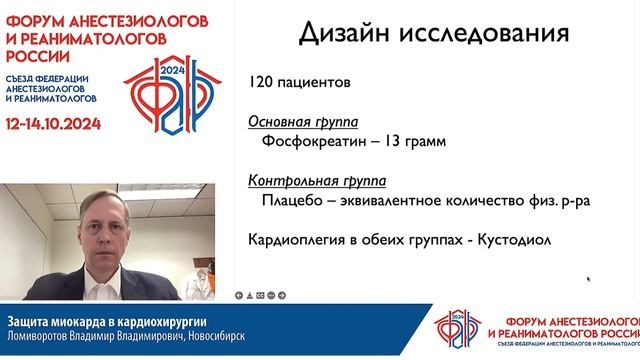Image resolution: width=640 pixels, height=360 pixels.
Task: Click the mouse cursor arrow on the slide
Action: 589,280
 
